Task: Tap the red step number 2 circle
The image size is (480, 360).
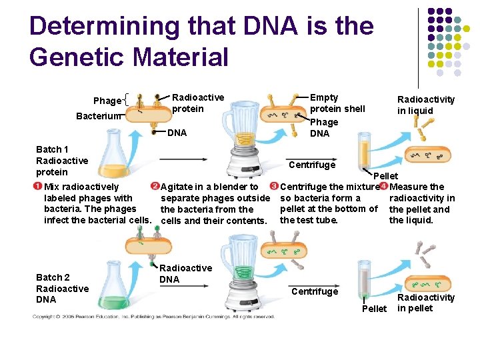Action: (155, 186)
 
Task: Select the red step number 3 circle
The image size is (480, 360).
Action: (273, 186)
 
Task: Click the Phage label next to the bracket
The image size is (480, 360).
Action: (107, 101)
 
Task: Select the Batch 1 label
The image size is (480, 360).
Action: (53, 149)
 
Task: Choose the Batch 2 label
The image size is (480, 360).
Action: (53, 277)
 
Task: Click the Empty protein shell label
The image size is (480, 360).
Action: (337, 103)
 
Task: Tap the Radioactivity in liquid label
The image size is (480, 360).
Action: (425, 105)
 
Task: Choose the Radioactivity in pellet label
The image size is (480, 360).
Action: (425, 303)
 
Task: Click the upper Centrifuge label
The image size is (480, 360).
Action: (311, 164)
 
